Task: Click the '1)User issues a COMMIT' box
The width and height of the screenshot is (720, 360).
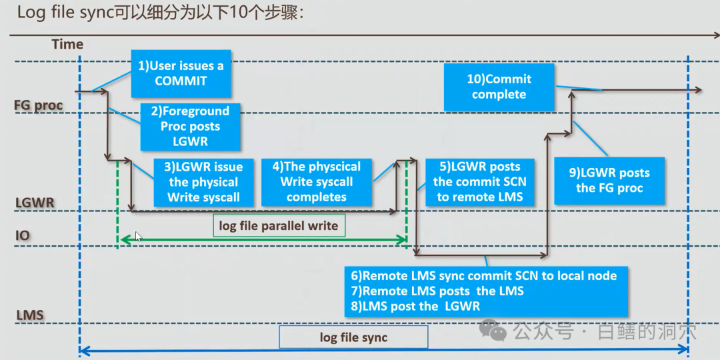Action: pos(181,73)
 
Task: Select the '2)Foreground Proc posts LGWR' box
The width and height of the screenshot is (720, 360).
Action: pos(191,126)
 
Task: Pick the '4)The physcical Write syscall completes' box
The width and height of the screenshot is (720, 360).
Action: pos(316,182)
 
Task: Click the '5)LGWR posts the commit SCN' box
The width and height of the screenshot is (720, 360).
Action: pos(479,181)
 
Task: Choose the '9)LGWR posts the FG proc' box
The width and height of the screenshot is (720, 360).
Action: pos(609,181)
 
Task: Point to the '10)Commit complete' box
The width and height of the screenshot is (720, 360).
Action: pos(499,87)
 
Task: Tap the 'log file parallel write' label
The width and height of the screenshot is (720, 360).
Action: pos(279,226)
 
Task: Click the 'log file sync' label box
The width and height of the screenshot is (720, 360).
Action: pos(353,337)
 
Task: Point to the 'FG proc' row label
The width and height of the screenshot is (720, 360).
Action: pos(39,105)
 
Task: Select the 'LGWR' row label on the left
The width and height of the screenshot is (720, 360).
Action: pos(34,202)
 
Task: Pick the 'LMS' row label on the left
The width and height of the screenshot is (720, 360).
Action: pos(29,314)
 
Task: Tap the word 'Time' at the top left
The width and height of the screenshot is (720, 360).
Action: pos(67,45)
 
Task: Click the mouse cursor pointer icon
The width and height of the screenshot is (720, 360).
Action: pos(139,237)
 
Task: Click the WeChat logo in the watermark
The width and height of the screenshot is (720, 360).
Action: pos(495,330)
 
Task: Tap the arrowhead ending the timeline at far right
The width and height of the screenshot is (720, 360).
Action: pos(697,90)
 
